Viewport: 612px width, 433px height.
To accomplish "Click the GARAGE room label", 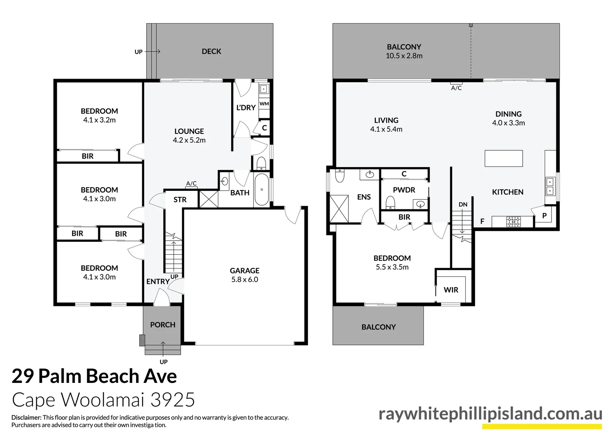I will pyautogui.click(x=244, y=271).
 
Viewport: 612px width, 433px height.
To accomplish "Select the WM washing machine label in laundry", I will pyautogui.click(x=264, y=104).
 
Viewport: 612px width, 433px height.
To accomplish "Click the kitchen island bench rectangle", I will pyautogui.click(x=503, y=158).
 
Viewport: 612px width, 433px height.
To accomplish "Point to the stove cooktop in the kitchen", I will pyautogui.click(x=514, y=221).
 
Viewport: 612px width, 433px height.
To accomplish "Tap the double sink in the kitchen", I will pyautogui.click(x=550, y=187).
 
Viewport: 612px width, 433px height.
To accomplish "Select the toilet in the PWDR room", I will pyautogui.click(x=390, y=203).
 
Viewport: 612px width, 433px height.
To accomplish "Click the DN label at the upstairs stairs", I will pyautogui.click(x=463, y=204).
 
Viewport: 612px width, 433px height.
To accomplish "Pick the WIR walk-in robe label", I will pyautogui.click(x=451, y=290).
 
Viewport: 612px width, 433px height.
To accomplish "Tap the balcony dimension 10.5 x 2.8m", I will pyautogui.click(x=404, y=56).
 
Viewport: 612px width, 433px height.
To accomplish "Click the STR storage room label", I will pyautogui.click(x=180, y=200).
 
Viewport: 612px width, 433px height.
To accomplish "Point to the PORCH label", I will pyautogui.click(x=163, y=325).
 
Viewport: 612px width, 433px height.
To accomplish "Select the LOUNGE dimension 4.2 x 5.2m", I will pyautogui.click(x=189, y=140).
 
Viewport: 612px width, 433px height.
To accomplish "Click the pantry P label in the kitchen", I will pyautogui.click(x=544, y=216).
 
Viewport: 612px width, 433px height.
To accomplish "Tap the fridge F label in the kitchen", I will pyautogui.click(x=482, y=221).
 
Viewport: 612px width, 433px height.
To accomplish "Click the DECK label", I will pyautogui.click(x=211, y=51).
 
